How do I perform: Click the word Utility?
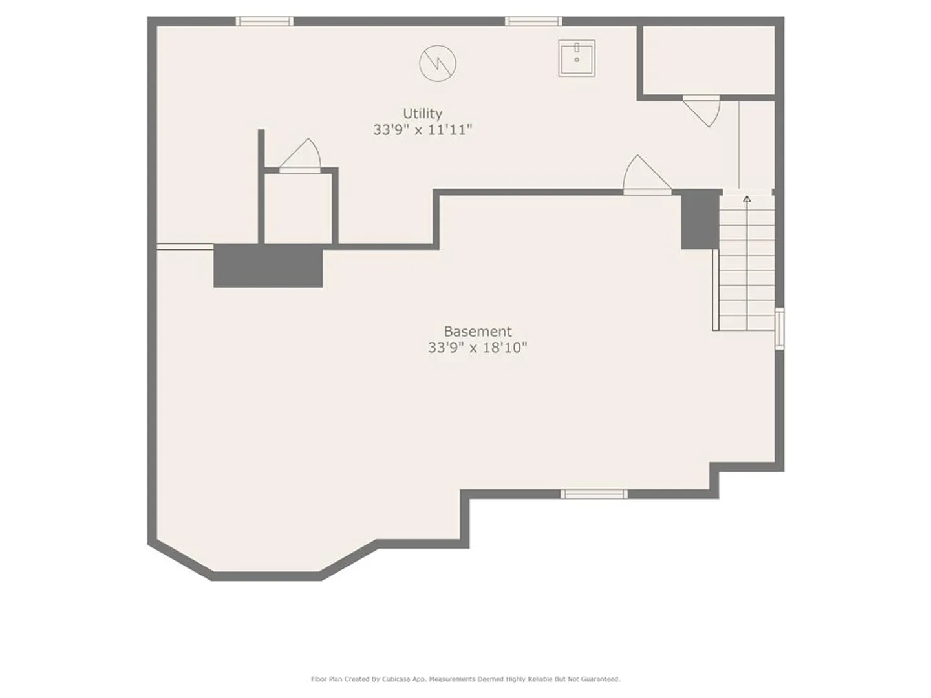click(422, 114)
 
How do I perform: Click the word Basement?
click(478, 331)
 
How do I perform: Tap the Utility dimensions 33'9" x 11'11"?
click(422, 130)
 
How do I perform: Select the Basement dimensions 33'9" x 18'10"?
click(478, 348)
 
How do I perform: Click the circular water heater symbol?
click(438, 63)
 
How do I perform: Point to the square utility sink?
click(577, 58)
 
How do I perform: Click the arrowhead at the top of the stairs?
click(747, 199)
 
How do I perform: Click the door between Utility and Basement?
click(647, 174)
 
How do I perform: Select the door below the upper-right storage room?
click(701, 111)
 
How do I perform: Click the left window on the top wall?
click(264, 21)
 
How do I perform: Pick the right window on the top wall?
click(533, 21)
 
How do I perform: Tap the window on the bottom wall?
click(594, 494)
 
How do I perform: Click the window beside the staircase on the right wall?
click(780, 329)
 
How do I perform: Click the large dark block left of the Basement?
click(268, 266)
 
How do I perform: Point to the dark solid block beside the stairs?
click(700, 219)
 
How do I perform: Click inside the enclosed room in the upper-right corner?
click(709, 60)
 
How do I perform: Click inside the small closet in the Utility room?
click(298, 209)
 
